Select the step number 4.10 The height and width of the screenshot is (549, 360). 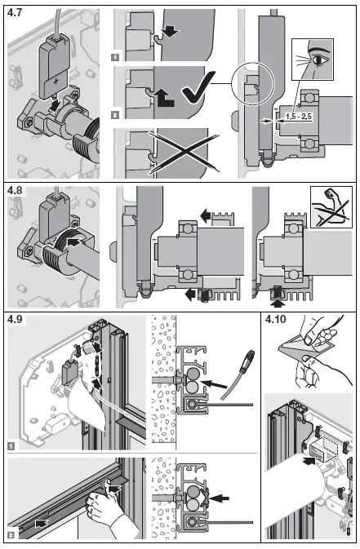tap(277, 319)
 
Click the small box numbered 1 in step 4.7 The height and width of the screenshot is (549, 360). tap(116, 58)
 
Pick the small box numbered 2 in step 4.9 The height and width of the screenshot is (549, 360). tap(11, 535)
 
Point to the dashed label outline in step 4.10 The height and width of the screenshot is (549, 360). tap(325, 448)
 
